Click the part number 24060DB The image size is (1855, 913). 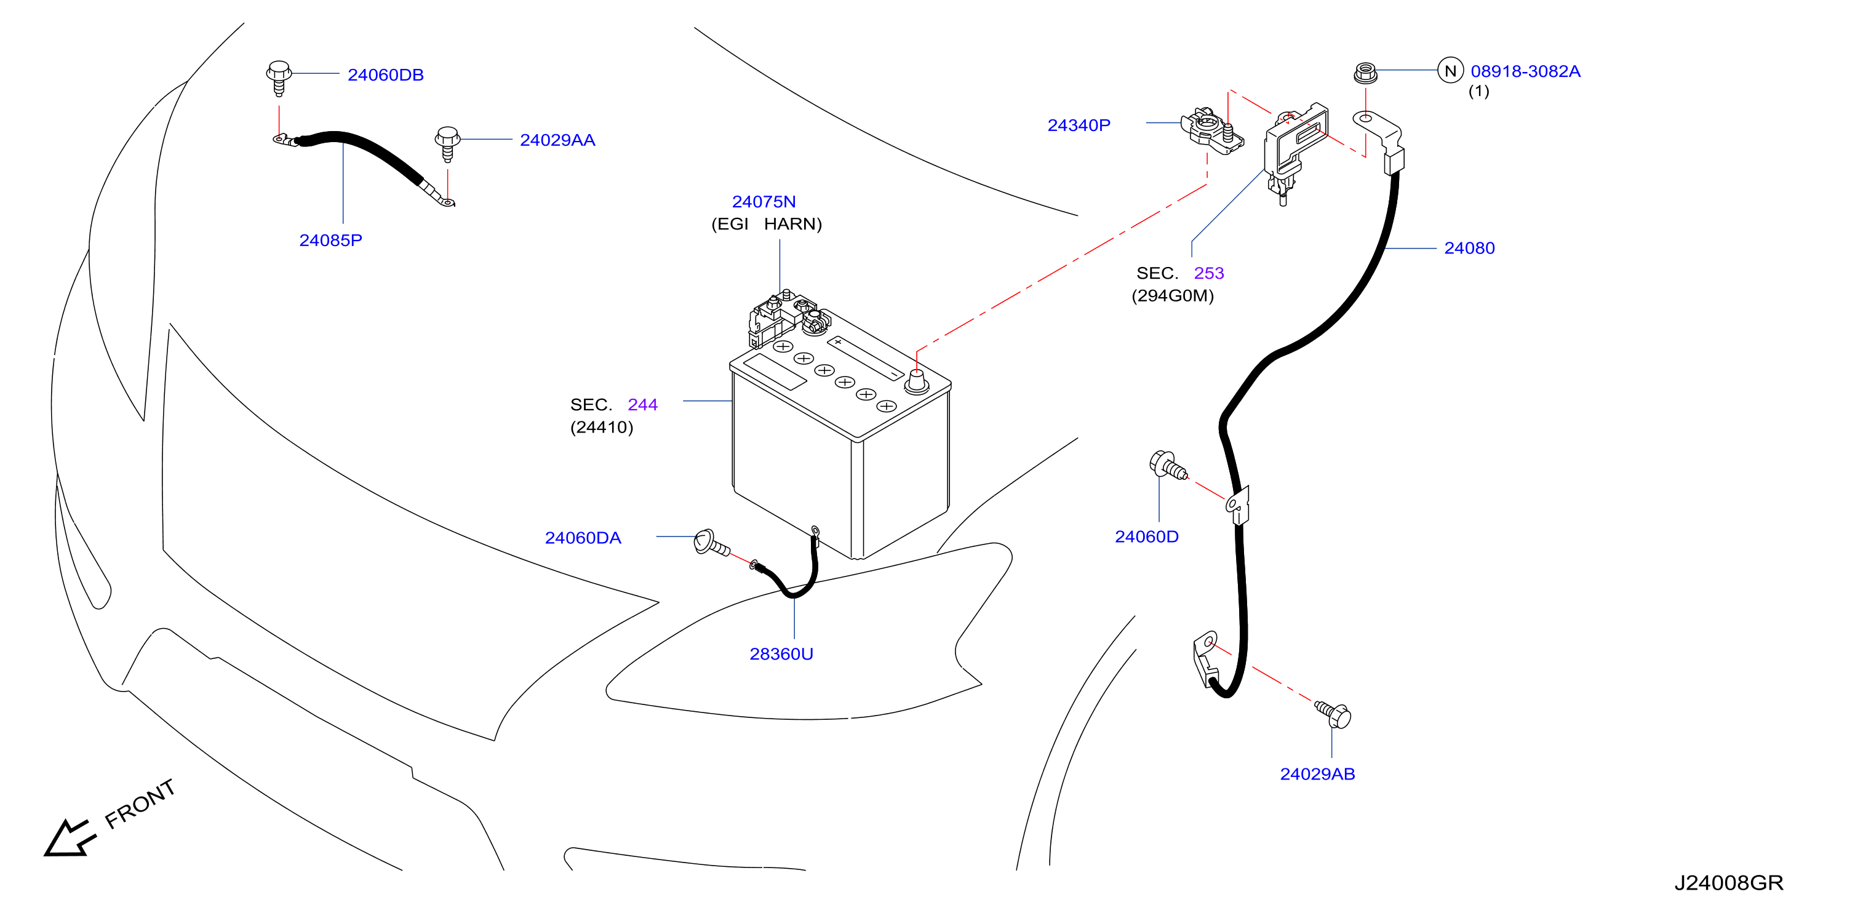coord(385,75)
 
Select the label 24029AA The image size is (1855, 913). coord(557,140)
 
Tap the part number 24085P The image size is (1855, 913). coord(330,241)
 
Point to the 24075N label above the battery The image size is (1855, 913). coord(764,202)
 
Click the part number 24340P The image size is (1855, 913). coord(1079,126)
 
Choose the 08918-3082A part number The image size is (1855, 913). coord(1525,71)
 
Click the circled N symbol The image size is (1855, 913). coord(1450,71)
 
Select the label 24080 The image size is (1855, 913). coord(1469,249)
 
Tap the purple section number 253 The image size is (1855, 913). coord(1208,274)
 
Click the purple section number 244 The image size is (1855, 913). coord(642,405)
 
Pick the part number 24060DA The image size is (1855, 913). coord(583,538)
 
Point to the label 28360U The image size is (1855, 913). coord(781,654)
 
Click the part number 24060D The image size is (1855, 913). coord(1146,536)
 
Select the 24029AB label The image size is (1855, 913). coord(1317,774)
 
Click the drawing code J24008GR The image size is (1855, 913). coord(1728,883)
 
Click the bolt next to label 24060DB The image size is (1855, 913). coord(279,78)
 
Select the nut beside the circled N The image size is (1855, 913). coord(1365,73)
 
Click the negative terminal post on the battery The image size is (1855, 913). coord(916,381)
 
